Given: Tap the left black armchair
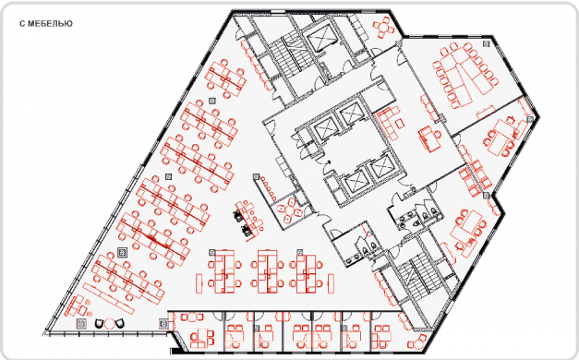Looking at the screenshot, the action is (x=100, y=324).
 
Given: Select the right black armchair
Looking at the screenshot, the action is (x=119, y=324).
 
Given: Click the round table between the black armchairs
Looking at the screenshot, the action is (x=109, y=324).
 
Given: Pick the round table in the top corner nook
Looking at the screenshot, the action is (x=384, y=27).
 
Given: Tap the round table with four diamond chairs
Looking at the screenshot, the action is (x=290, y=210).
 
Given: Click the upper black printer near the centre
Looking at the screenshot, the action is (x=237, y=215).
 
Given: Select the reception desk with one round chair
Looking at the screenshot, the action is (x=428, y=138).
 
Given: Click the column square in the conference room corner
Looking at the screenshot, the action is (x=487, y=44).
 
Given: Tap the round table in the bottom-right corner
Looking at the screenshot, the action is (x=418, y=344).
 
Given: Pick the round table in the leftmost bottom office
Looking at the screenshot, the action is (x=193, y=317).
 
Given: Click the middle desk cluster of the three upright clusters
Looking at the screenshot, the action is (x=268, y=271).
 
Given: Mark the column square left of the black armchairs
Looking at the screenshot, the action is (x=81, y=324).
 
